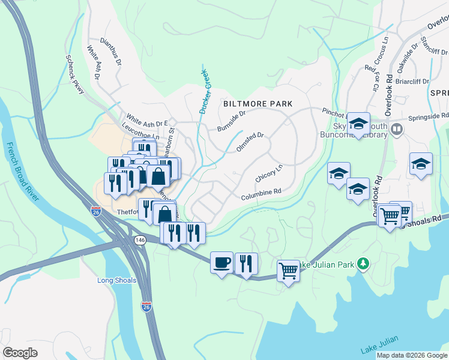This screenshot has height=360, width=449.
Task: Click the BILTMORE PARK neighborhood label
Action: click(258, 104)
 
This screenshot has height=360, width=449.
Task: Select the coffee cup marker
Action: click(221, 262)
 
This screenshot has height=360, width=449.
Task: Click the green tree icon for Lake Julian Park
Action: click(363, 263)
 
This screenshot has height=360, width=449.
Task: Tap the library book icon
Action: click(396, 129)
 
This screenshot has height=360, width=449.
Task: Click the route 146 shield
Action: click(140, 240)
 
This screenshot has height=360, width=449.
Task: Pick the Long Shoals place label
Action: click(116, 280)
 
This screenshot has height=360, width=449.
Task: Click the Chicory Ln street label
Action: click(268, 174)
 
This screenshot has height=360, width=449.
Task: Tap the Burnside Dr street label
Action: click(232, 121)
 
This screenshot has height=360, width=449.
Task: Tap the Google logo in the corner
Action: click(20, 353)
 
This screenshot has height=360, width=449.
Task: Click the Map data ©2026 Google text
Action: click(411, 355)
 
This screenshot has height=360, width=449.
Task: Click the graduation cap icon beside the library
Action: click(358, 124)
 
